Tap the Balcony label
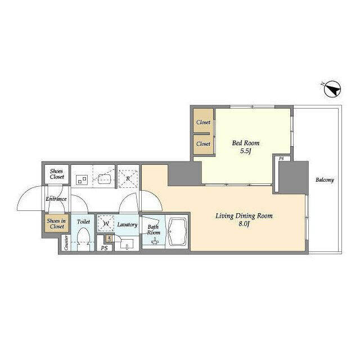click(324, 180)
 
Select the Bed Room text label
click(246, 143)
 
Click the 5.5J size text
click(246, 151)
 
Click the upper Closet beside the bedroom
click(203, 122)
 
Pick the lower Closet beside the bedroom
click(203, 143)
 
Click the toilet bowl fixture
click(84, 239)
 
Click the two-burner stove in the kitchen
click(82, 179)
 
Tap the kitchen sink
click(105, 179)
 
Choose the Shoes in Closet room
click(56, 224)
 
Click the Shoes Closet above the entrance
click(57, 174)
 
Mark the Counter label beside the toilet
click(67, 243)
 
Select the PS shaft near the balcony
click(281, 159)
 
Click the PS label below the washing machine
click(104, 247)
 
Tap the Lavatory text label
click(128, 224)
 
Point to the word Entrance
click(56, 199)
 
